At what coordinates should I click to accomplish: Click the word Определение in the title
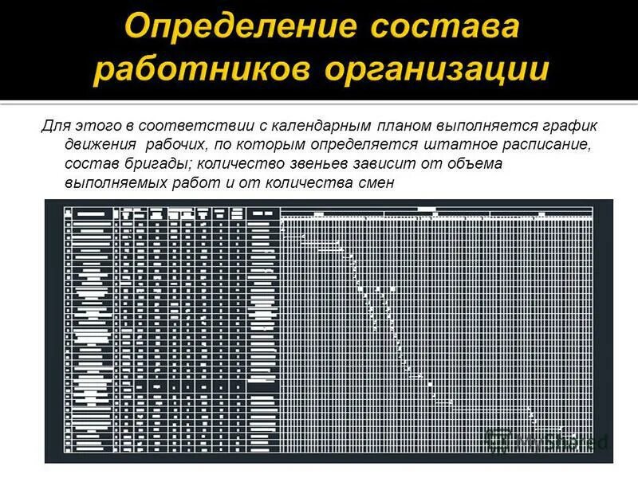[234, 28]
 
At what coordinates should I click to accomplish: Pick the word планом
[404, 127]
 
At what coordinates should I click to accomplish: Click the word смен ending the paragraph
[376, 182]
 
